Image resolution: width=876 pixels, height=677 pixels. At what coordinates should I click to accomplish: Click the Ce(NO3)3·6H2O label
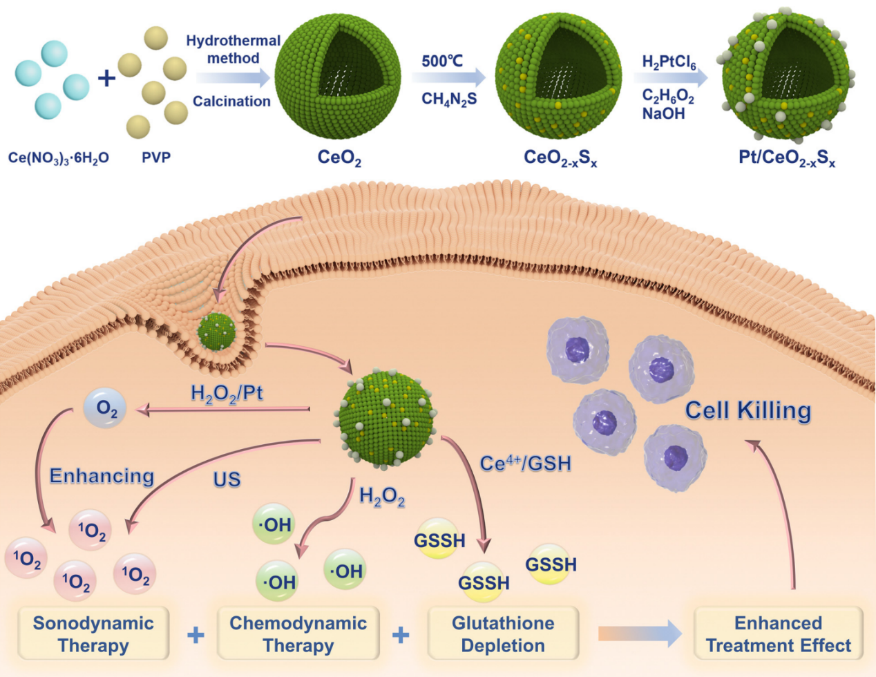(x=59, y=158)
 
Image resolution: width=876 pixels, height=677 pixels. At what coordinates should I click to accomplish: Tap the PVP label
(x=156, y=158)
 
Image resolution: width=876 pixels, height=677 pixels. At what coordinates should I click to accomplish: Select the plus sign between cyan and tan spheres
(x=106, y=78)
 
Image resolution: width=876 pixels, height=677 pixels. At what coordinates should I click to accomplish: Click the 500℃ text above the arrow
(x=442, y=61)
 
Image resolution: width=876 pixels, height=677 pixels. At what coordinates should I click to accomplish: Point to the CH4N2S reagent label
(x=449, y=99)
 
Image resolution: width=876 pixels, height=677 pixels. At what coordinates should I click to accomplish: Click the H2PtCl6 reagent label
(x=669, y=62)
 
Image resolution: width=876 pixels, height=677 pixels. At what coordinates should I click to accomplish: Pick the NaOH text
(x=663, y=113)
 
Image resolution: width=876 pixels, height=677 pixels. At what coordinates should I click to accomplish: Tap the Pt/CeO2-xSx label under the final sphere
(x=787, y=158)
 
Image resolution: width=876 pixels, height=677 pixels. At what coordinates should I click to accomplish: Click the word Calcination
(x=231, y=102)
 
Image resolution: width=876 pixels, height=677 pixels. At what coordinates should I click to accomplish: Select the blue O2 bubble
(x=105, y=408)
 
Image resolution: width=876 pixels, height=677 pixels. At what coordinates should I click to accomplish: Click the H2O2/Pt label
(x=227, y=394)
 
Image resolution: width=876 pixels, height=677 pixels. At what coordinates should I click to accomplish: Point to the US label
(x=227, y=479)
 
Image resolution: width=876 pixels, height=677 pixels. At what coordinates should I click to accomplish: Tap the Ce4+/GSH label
(x=526, y=463)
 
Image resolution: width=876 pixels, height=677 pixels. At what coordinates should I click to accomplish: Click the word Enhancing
(x=102, y=476)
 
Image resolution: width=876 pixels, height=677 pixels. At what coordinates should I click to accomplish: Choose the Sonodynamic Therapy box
(x=93, y=633)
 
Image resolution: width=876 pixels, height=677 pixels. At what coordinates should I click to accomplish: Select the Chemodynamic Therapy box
(x=298, y=633)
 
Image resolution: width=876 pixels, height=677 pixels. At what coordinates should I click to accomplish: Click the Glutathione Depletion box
(x=503, y=633)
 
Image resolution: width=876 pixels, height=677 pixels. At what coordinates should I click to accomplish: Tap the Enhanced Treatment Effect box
(x=778, y=633)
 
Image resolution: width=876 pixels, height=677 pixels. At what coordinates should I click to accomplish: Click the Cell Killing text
(x=748, y=410)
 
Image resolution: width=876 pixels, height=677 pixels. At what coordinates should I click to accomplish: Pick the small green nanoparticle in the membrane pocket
(x=216, y=333)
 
